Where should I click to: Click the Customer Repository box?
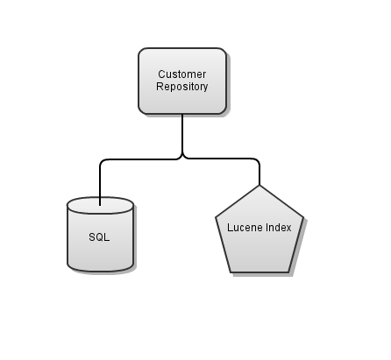(181, 81)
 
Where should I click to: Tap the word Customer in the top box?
(181, 74)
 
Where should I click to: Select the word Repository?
(181, 87)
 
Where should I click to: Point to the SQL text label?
(100, 237)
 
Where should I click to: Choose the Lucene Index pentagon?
(259, 231)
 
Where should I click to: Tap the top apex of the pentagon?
(259, 186)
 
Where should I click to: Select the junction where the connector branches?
(182, 158)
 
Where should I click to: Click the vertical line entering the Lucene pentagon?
(259, 173)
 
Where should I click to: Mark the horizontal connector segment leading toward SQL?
(140, 159)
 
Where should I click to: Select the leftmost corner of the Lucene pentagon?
(216, 219)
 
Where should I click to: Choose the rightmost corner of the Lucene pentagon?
(303, 219)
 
